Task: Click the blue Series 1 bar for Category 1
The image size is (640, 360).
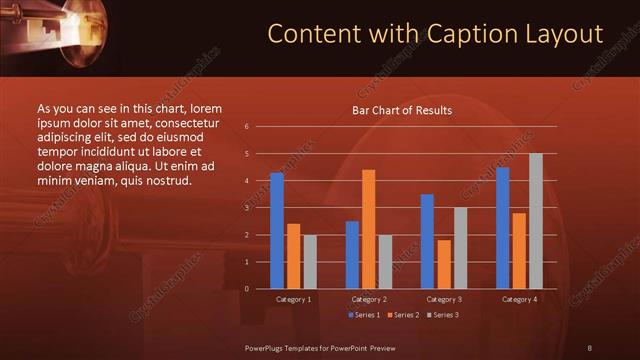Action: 277,230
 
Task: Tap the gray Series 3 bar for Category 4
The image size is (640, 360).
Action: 535,221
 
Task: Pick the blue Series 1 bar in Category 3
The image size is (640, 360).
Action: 427,241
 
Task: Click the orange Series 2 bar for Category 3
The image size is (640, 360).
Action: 443,264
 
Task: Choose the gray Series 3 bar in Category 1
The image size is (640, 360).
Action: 309,262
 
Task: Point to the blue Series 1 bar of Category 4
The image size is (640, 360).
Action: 503,228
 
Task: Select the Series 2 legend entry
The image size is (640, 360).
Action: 404,315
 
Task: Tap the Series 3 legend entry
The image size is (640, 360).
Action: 442,315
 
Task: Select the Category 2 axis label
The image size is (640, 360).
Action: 369,299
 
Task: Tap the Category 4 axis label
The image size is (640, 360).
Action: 519,299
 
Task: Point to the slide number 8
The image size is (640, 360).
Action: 589,347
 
